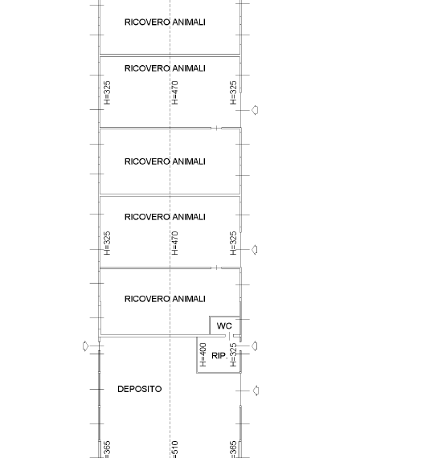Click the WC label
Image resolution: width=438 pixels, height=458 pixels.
(x=224, y=325)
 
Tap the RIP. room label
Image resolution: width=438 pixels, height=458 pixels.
(x=219, y=356)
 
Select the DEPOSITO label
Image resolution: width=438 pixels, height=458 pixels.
(x=139, y=389)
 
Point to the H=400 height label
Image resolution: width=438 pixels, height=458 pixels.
(x=203, y=354)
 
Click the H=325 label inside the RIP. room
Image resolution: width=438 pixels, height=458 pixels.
(x=233, y=354)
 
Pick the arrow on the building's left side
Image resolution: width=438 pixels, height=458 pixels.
(x=85, y=346)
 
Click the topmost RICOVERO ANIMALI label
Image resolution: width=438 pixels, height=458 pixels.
(x=165, y=22)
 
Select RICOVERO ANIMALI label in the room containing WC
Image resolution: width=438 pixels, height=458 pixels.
(x=165, y=299)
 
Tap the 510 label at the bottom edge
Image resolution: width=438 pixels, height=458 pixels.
(x=174, y=449)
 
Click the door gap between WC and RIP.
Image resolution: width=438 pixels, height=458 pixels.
(x=229, y=336)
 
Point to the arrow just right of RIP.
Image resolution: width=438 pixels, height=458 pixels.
(x=255, y=346)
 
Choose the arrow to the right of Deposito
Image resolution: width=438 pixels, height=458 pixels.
(x=256, y=391)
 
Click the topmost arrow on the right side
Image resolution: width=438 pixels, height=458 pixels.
(x=255, y=110)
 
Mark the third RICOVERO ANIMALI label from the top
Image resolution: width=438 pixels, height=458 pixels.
(x=165, y=162)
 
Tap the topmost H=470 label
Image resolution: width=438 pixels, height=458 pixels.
(x=174, y=92)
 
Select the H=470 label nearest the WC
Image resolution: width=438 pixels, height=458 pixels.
(x=174, y=243)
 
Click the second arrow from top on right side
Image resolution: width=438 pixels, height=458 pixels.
(x=255, y=250)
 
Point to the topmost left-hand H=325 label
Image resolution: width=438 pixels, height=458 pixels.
(x=107, y=92)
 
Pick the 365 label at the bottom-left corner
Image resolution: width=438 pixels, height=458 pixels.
(x=107, y=449)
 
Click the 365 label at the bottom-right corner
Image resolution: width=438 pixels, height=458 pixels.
(x=233, y=449)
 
